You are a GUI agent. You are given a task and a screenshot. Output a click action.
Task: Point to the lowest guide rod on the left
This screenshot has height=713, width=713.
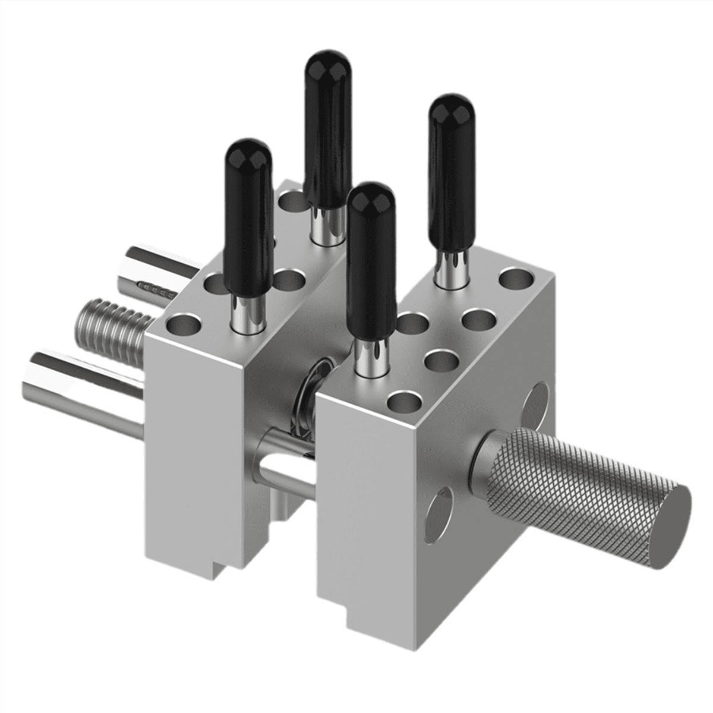77,380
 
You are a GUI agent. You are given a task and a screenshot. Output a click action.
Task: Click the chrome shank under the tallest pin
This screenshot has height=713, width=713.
326,226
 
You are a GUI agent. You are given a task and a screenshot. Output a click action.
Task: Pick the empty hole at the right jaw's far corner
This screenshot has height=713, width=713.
515,277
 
